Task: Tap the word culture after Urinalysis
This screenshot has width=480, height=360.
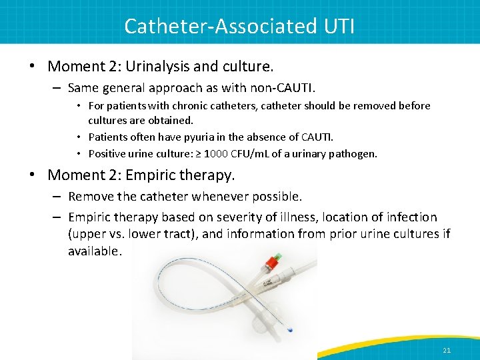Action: coord(250,67)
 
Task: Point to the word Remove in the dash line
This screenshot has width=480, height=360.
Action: coord(89,197)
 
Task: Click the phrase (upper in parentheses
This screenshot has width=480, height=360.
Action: coord(87,234)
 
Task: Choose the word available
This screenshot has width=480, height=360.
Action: coord(94,251)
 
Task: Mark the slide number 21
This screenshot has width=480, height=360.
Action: coord(446,350)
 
